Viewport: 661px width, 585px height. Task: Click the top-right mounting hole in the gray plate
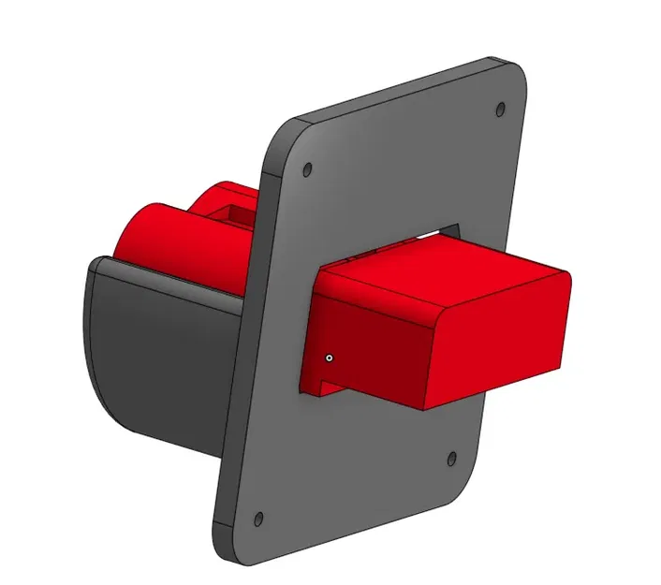pos(499,109)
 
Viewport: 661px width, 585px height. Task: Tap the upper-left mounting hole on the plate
pos(308,170)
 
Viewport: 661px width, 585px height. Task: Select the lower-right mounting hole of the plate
pos(452,459)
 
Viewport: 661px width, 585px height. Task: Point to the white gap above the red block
pos(440,229)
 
